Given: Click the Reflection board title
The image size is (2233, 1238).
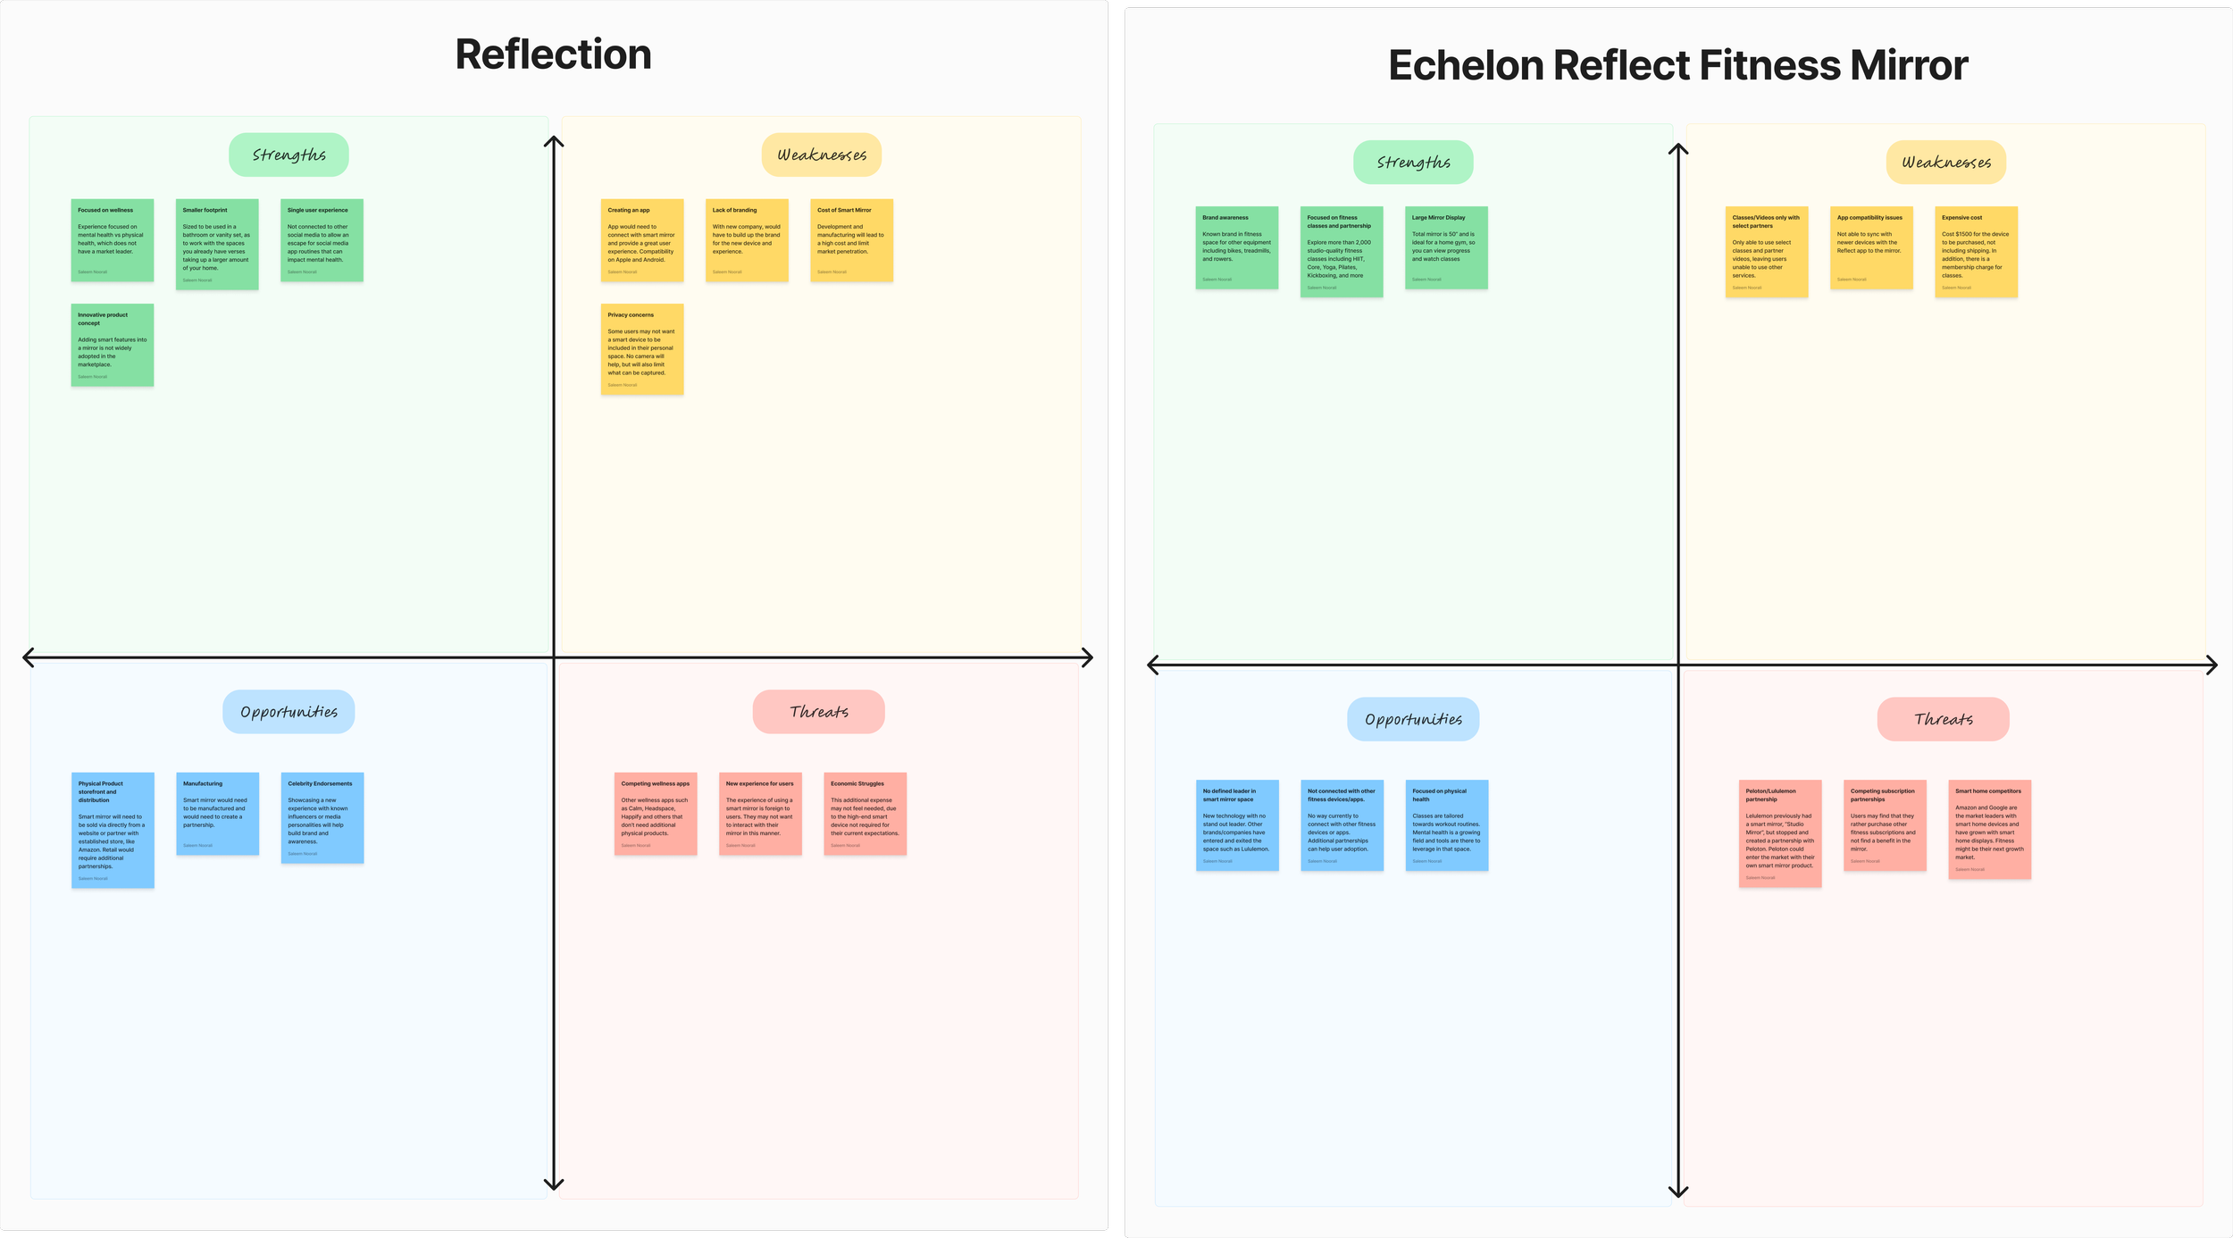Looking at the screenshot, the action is click(553, 54).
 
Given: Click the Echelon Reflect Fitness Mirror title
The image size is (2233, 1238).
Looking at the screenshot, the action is click(1677, 65).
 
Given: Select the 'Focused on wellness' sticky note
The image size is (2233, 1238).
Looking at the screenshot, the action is click(113, 240).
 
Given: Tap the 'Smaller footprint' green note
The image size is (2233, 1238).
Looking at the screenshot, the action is click(217, 244).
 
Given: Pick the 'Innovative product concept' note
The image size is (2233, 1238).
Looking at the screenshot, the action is click(113, 345).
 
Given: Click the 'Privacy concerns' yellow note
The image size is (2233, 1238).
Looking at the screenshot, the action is click(642, 349).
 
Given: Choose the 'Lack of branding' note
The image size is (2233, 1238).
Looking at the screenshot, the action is click(747, 240).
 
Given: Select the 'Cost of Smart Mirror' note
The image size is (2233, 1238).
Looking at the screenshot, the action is click(851, 240).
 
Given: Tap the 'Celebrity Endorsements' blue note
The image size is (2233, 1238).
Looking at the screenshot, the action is click(322, 817).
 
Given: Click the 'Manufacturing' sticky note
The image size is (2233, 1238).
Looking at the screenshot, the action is click(217, 814).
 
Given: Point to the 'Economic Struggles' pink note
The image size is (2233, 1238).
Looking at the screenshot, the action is click(865, 814).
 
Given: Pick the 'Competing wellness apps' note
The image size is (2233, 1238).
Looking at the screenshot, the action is click(656, 814).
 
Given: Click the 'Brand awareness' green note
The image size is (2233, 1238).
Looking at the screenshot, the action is click(1237, 247).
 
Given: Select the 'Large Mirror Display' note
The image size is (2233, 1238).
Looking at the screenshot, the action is click(1446, 247).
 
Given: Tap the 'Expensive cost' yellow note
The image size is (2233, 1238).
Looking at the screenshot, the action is click(1976, 252).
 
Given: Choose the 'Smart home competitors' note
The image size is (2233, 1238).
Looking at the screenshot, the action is click(1989, 829).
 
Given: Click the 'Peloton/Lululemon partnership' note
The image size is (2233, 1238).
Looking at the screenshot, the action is click(1780, 833).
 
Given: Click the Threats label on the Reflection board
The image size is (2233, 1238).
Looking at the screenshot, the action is click(819, 712).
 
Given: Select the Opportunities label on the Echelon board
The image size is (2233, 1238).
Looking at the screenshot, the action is click(1413, 719).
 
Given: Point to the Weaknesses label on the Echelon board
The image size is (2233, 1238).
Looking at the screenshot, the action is click(1946, 163).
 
